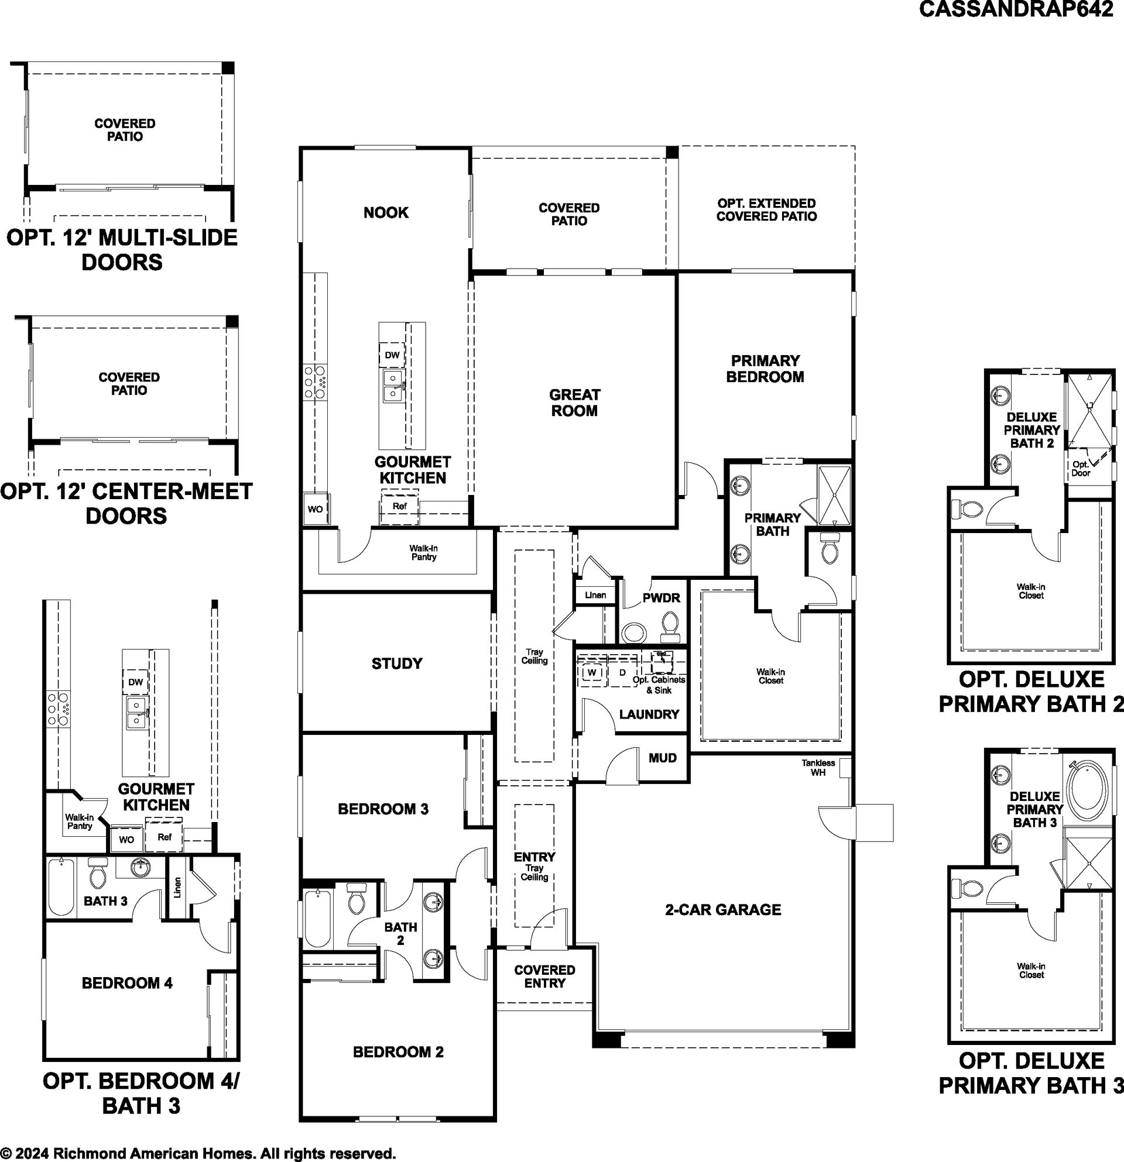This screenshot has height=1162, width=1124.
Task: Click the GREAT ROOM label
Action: click(574, 403)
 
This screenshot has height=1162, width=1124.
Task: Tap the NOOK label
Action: click(386, 212)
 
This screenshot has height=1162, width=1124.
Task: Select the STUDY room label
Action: click(397, 663)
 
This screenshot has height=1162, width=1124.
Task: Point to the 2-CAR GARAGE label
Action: click(723, 909)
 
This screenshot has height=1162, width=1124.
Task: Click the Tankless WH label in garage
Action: click(818, 768)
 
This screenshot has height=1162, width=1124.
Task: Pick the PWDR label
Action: click(662, 597)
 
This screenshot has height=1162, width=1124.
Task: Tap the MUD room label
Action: click(663, 758)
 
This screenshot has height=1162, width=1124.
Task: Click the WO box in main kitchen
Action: click(316, 508)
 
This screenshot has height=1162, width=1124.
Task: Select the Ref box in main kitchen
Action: click(400, 506)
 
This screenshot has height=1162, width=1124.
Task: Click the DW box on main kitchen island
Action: click(392, 355)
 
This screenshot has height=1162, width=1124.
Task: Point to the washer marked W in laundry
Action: click(591, 672)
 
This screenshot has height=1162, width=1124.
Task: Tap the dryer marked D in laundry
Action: click(622, 672)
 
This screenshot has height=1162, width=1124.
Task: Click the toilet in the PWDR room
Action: click(670, 627)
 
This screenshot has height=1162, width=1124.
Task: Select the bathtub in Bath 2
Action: click(318, 919)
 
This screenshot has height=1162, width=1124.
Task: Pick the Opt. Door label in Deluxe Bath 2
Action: click(1080, 469)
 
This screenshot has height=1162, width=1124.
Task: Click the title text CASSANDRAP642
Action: click(1016, 10)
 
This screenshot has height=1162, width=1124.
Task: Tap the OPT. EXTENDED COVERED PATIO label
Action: click(766, 210)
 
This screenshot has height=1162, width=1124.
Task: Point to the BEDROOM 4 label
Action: click(128, 983)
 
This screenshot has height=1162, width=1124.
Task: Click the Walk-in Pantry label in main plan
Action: click(423, 552)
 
